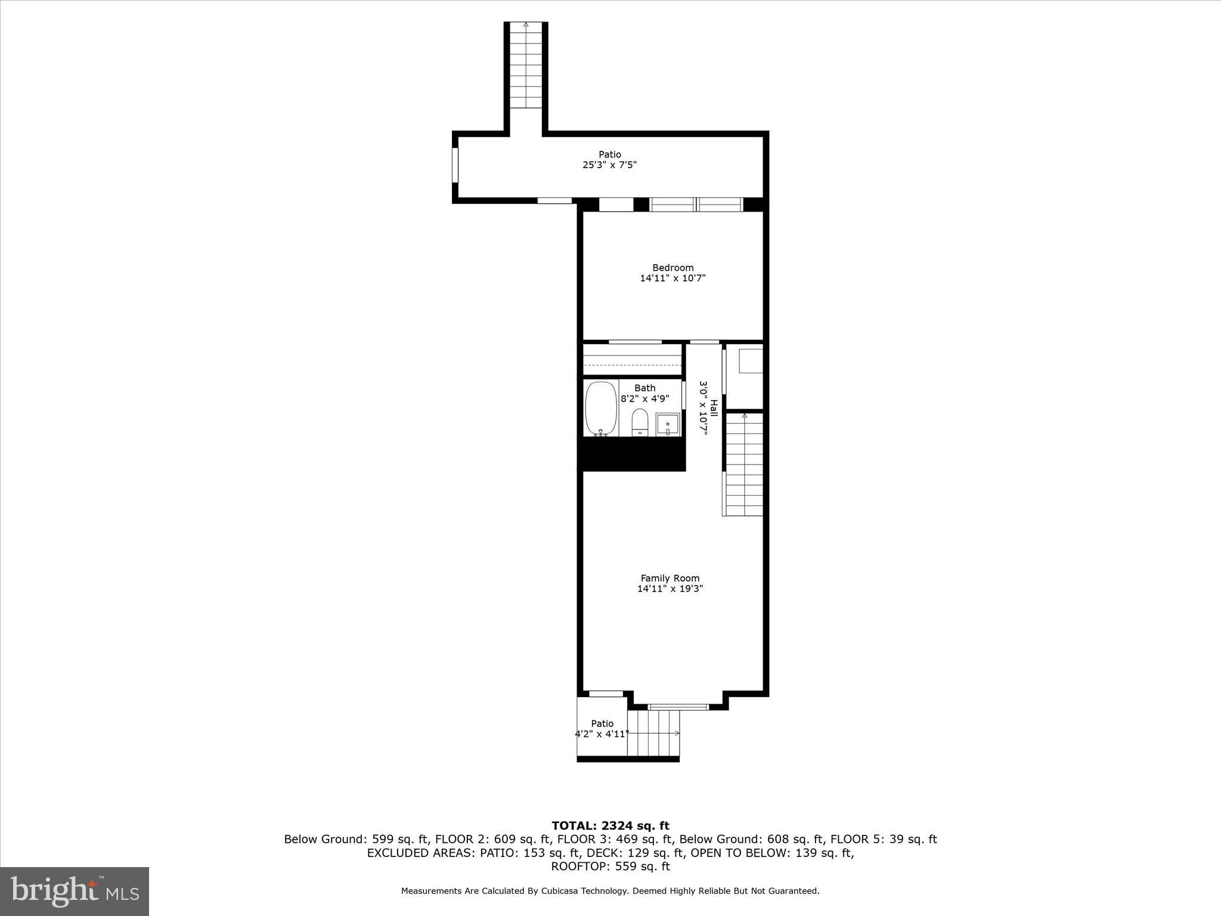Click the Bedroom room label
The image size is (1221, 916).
point(673,268)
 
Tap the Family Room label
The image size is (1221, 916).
point(670,578)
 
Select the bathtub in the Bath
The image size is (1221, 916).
point(601,409)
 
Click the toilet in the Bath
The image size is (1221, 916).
point(640,422)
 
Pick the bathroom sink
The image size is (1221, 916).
point(668,424)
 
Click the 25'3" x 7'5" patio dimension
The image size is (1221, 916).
point(610,165)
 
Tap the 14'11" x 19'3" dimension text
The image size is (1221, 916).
point(670,589)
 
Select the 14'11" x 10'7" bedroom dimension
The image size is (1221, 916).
point(673,278)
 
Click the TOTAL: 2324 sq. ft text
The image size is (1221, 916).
point(610,826)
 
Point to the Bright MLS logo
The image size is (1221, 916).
point(75,891)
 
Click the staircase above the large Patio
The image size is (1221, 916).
point(526,65)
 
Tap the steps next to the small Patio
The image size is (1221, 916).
point(653,733)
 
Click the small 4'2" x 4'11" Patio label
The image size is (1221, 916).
point(602,729)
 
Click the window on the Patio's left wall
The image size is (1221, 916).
point(455,165)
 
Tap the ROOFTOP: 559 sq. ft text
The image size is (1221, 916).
point(610,867)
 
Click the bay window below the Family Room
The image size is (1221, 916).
point(678,707)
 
